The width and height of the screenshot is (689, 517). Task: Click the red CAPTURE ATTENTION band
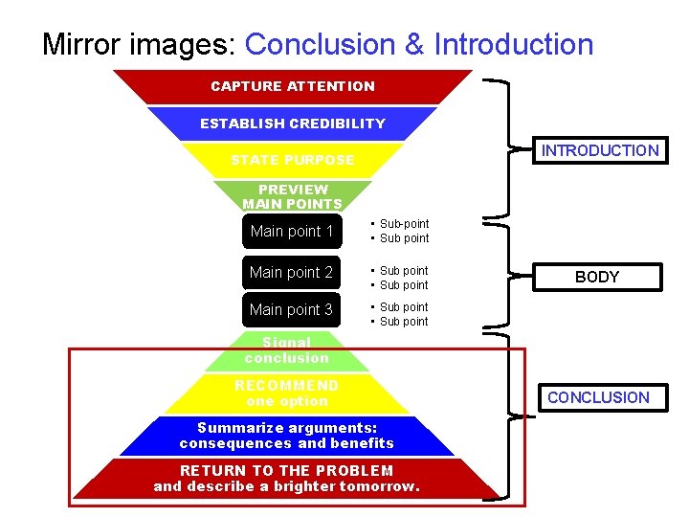[x=293, y=86]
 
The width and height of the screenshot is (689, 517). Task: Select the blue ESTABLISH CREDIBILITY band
[x=293, y=124]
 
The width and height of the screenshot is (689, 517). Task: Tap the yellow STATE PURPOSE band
[x=293, y=160]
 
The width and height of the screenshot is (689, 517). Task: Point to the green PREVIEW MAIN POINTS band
[x=293, y=196]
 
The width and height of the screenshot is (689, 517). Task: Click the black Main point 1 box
[x=292, y=232]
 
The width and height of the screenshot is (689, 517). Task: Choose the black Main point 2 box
[x=292, y=273]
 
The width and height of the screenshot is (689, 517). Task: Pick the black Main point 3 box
[x=292, y=309]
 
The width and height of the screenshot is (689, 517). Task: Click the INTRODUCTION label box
[x=599, y=150]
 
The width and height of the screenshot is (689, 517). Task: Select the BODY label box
[x=597, y=277]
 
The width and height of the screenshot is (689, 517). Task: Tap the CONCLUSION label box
[x=598, y=397]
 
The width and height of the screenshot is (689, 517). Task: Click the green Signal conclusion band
[x=287, y=351]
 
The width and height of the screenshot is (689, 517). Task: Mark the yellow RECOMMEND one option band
[x=287, y=393]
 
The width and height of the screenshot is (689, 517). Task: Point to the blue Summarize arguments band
[x=287, y=436]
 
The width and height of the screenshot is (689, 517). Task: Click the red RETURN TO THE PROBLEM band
[x=287, y=478]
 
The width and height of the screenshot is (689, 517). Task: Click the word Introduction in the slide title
[x=514, y=45]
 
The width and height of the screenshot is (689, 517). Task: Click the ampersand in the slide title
[x=414, y=45]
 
